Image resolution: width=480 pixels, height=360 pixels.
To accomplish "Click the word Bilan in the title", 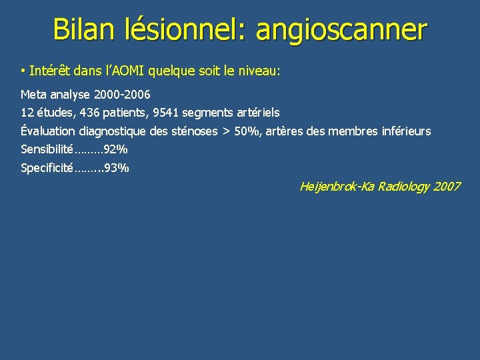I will [85, 30].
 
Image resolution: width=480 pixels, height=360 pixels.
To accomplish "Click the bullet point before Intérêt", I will [23, 71].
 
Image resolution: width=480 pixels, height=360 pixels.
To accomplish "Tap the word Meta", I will [35, 95].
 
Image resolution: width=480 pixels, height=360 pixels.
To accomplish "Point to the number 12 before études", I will [27, 113].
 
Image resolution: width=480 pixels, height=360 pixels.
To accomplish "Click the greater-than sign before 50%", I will [225, 131].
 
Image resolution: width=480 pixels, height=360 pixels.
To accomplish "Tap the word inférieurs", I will [405, 131].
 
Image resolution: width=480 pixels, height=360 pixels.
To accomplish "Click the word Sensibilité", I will [46, 149].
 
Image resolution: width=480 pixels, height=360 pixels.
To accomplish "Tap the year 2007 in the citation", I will [447, 187].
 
